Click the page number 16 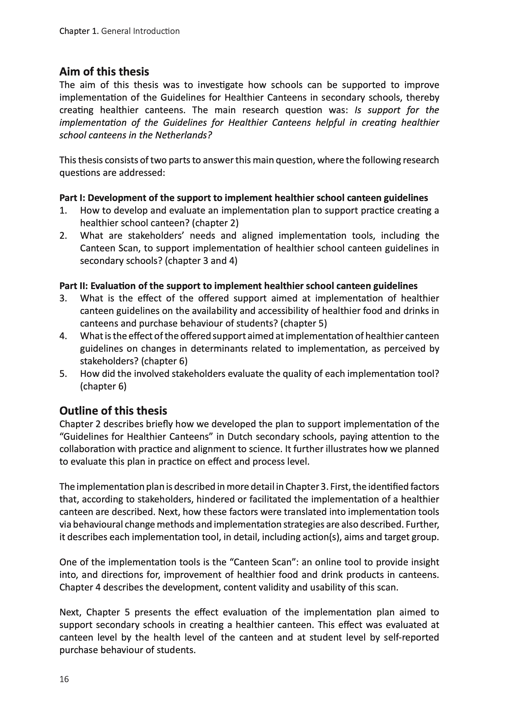click(64, 679)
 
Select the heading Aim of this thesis click(104, 72)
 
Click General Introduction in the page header click(141, 31)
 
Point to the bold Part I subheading click(243, 198)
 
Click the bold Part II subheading click(238, 286)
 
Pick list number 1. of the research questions click(63, 211)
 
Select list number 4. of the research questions click(63, 336)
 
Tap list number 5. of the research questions click(63, 374)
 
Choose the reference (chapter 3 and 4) click(201, 261)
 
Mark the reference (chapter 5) click(304, 323)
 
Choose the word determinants click(218, 349)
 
